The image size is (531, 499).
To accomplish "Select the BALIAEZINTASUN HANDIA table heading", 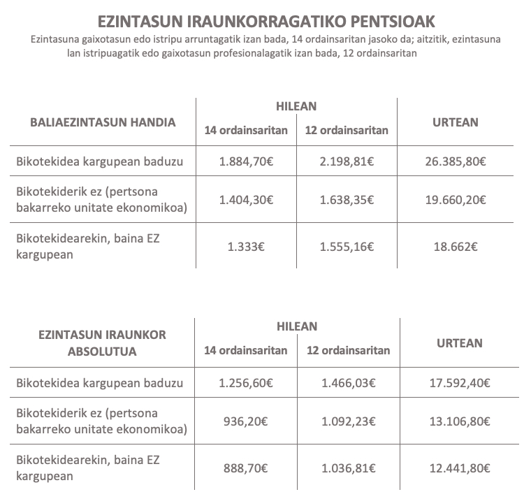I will (103, 122).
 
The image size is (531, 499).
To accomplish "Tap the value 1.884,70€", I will (245, 162).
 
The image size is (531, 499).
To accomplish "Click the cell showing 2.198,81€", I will (347, 162).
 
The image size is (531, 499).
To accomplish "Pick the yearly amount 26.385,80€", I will (456, 162).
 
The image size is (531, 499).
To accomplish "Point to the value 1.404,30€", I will (245, 199).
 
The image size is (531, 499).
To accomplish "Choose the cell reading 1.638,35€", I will (347, 199).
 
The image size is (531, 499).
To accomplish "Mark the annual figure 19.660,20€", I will (456, 199).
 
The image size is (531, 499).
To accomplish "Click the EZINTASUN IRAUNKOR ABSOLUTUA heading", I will (102, 342).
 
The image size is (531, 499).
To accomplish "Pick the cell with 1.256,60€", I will (245, 382).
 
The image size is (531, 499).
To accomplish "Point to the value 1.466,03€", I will (348, 382).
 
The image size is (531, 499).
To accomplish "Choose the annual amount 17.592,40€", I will (458, 382).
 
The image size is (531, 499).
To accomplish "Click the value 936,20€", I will (245, 421).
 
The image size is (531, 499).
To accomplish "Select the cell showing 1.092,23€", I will (348, 421).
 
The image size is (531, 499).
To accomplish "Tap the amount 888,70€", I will (245, 467).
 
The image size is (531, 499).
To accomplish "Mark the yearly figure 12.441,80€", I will (458, 467).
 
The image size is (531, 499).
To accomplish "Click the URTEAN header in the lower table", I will (460, 342).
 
